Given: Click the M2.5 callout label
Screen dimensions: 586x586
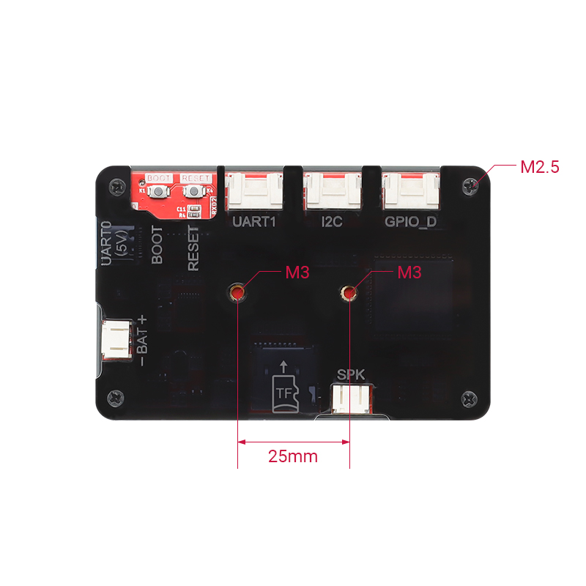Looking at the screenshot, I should click(539, 167).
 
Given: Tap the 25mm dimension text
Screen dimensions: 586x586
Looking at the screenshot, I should click(293, 456).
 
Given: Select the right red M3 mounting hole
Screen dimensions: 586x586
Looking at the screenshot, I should click(349, 294).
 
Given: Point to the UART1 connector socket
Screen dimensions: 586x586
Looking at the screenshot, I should click(254, 192).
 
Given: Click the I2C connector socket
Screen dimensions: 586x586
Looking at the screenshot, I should click(333, 192).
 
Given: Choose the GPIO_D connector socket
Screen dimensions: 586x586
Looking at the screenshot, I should click(410, 192).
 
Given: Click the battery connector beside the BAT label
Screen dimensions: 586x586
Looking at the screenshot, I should click(116, 341).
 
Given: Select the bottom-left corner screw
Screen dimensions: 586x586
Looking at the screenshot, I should click(115, 398).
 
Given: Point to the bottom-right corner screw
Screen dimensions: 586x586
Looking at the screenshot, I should click(470, 399).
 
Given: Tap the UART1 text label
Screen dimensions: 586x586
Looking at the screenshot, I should click(253, 221).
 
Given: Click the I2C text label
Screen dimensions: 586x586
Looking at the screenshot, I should click(332, 221).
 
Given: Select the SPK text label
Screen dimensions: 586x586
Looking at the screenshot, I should click(351, 376).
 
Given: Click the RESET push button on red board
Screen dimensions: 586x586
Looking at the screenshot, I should click(194, 192).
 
